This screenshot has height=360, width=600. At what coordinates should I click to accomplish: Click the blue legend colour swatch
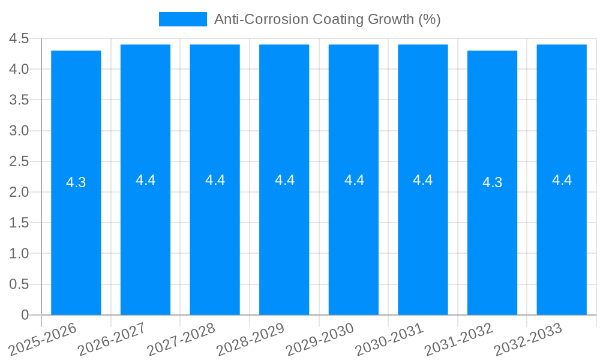(182, 19)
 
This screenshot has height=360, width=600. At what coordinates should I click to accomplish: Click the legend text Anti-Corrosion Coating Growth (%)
(327, 19)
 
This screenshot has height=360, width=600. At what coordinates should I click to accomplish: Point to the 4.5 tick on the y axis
(19, 39)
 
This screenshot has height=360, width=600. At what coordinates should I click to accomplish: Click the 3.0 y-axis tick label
(19, 131)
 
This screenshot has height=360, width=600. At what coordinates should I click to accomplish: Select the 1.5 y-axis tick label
(19, 223)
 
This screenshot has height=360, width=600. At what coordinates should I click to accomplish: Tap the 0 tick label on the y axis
(25, 315)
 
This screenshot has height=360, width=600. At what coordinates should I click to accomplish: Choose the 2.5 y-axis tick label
(19, 161)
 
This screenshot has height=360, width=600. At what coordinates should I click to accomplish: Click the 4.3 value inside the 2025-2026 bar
(76, 183)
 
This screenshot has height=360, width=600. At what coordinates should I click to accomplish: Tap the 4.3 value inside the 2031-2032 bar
(492, 183)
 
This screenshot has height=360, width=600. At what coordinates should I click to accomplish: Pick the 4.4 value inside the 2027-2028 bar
(215, 180)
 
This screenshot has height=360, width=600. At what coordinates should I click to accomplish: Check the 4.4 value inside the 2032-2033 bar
(562, 180)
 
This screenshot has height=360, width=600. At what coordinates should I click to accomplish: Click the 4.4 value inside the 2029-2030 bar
(354, 180)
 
